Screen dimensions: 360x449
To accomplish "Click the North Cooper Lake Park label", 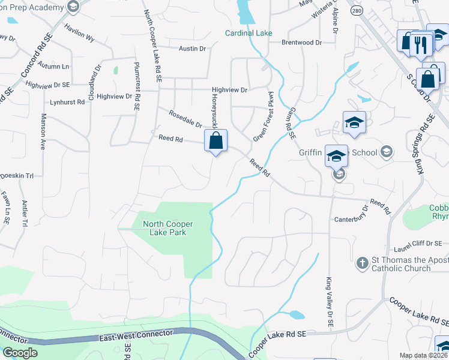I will pyautogui.click(x=164, y=228).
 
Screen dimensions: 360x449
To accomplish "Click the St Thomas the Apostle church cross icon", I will pyautogui.click(x=362, y=263).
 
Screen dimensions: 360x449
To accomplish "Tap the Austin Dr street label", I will pyautogui.click(x=192, y=48).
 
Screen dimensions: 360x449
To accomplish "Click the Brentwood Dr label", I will pyautogui.click(x=303, y=43).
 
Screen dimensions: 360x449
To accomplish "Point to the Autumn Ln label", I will pyautogui.click(x=53, y=65).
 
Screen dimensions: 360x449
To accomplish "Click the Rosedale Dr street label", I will pyautogui.click(x=185, y=119).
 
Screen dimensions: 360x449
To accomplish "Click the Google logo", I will pyautogui.click(x=20, y=353).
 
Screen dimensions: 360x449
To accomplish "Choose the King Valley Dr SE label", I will pyautogui.click(x=330, y=302).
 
